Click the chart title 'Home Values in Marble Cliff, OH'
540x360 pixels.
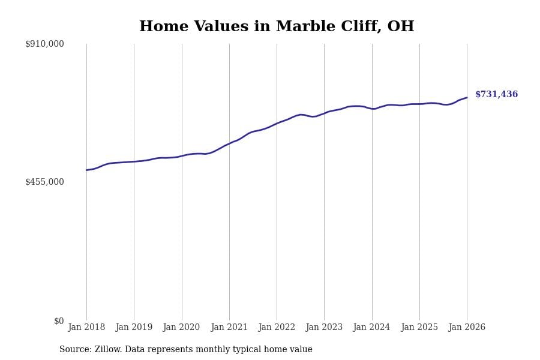click(x=277, y=27)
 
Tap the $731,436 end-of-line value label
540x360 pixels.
click(x=496, y=95)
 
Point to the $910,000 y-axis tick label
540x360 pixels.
click(x=44, y=44)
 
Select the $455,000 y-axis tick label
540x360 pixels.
click(x=44, y=182)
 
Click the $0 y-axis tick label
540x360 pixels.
click(x=59, y=321)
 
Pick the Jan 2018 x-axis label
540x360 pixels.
click(x=86, y=328)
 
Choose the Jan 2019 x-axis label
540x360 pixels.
click(x=134, y=328)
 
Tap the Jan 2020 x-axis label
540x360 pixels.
click(x=181, y=328)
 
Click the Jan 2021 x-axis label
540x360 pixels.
click(x=229, y=328)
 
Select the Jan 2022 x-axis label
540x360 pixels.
click(x=277, y=328)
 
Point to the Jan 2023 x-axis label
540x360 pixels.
click(x=324, y=328)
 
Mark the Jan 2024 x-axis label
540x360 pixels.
click(x=371, y=328)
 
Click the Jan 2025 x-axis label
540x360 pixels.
click(x=419, y=328)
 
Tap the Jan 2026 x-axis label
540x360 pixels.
click(x=467, y=328)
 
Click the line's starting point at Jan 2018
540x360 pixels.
click(x=86, y=170)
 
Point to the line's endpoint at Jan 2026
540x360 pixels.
click(x=467, y=98)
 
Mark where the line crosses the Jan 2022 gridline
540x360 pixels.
click(x=277, y=124)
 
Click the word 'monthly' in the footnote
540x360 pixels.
click(x=226, y=350)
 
